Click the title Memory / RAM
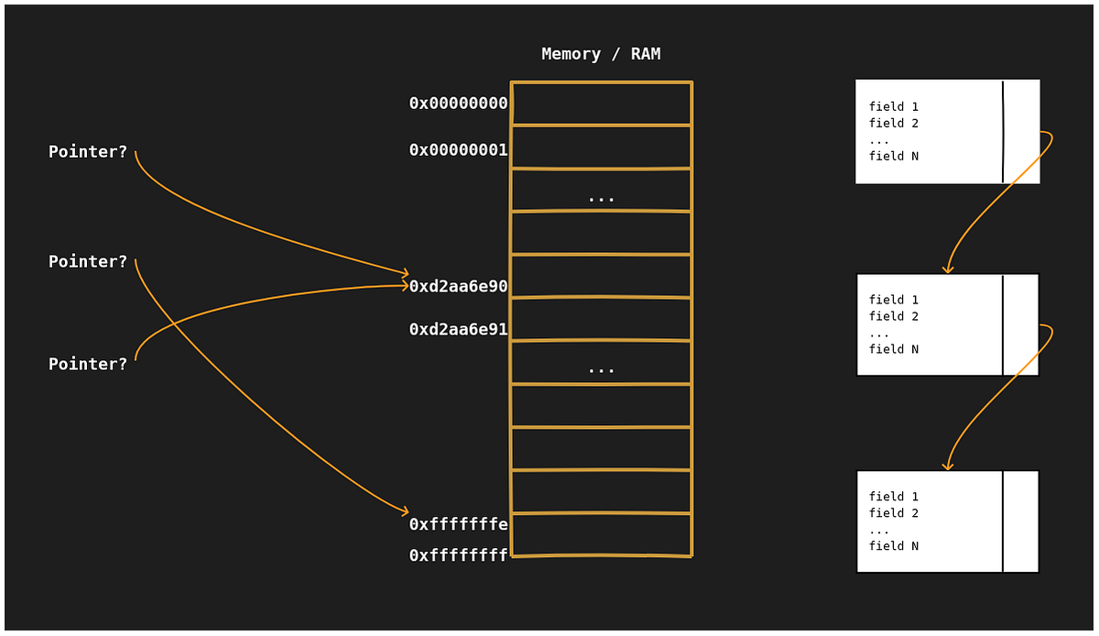tap(601, 54)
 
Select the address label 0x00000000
tap(458, 104)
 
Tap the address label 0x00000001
tap(458, 150)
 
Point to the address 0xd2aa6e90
tap(458, 287)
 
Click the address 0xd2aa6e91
tap(458, 330)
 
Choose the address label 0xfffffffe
tap(458, 524)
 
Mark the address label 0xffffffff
tap(458, 556)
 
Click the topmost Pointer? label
tap(88, 152)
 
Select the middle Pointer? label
tap(88, 262)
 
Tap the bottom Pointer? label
tap(88, 365)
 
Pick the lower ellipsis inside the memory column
tap(601, 368)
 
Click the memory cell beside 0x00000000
tap(601, 104)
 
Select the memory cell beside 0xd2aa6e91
tap(601, 320)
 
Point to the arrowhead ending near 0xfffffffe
tap(404, 511)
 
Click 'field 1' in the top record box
tap(893, 107)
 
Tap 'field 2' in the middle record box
tap(893, 316)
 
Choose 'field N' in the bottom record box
tap(893, 546)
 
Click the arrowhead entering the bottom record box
tap(948, 466)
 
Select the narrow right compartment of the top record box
tap(1021, 131)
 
